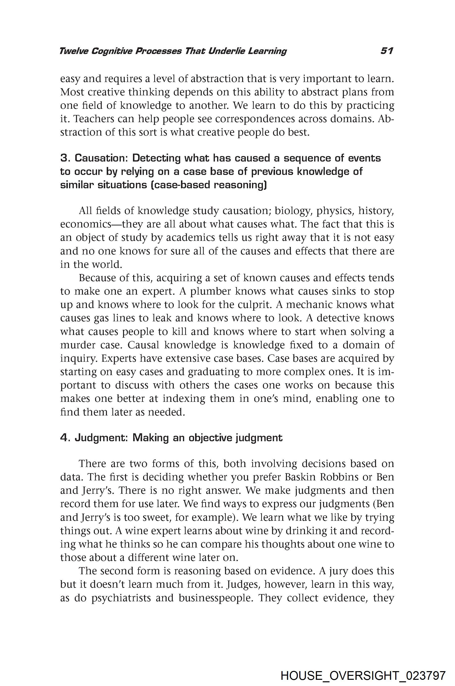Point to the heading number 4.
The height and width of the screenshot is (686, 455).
pyautogui.click(x=64, y=438)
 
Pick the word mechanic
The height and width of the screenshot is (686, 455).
pyautogui.click(x=305, y=304)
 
